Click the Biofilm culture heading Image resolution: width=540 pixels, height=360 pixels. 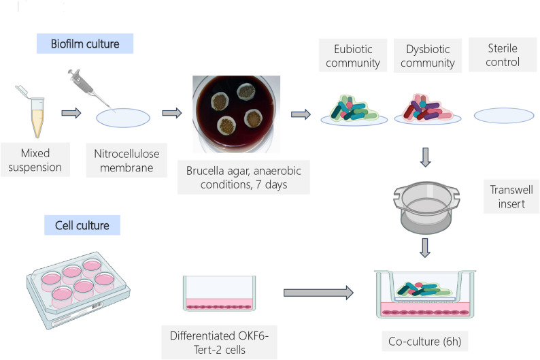click(85, 44)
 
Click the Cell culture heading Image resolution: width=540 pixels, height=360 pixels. click(82, 225)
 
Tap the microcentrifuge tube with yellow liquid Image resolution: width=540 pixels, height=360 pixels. click(35, 114)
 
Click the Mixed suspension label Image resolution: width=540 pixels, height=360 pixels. click(35, 160)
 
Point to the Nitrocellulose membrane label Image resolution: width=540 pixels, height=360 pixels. click(126, 161)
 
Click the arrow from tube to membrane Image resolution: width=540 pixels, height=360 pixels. click(71, 113)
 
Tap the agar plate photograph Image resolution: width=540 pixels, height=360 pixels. click(236, 114)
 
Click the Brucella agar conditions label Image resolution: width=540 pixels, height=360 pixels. click(244, 178)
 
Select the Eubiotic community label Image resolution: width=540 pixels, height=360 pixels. click(353, 56)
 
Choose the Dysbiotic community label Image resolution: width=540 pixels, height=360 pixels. click(428, 56)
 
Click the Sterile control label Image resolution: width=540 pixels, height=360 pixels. click(503, 55)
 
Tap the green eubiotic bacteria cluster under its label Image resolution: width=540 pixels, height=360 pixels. click(354, 109)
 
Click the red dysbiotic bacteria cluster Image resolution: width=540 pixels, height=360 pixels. click(427, 108)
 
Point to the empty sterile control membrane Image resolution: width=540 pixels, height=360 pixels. click(504, 116)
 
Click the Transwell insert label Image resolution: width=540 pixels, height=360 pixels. click(511, 197)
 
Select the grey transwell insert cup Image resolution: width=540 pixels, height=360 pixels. click(426, 208)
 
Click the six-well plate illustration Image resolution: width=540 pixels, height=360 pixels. click(78, 290)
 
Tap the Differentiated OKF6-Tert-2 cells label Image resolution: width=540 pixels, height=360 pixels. click(220, 342)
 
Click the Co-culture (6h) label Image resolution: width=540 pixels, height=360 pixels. click(424, 342)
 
